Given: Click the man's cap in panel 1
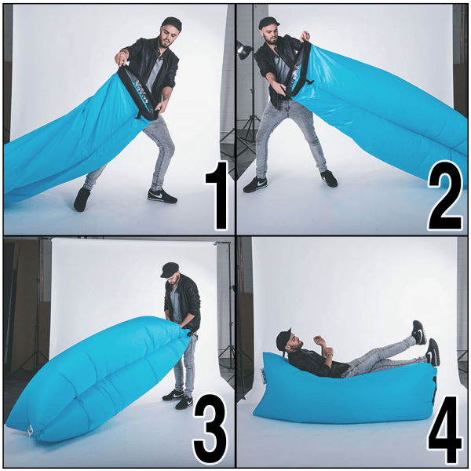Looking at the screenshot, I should pos(170,24).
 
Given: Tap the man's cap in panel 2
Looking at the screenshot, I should pos(268,23).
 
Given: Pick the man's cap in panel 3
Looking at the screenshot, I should pos(170,269).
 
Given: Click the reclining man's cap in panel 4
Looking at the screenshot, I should pos(283,338).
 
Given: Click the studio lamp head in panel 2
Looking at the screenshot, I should pos(243,51).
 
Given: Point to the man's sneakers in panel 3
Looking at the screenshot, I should pos(177,399).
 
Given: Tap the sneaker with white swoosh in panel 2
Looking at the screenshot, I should pos(255,184).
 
